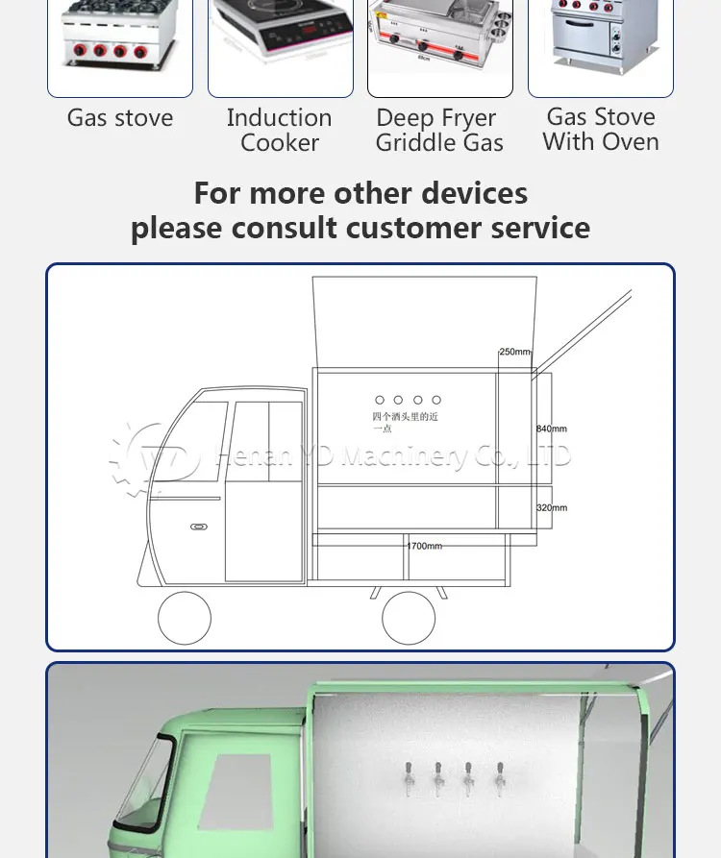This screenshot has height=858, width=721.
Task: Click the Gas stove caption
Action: (x=120, y=118)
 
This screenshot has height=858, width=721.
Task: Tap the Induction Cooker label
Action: (x=279, y=131)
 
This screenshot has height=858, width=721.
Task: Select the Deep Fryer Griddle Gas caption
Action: (x=439, y=131)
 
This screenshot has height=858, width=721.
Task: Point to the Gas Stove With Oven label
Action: (x=601, y=130)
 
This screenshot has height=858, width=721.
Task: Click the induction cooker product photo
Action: (x=280, y=43)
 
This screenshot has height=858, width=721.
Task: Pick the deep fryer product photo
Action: (x=439, y=43)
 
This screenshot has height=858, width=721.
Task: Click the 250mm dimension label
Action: (x=514, y=353)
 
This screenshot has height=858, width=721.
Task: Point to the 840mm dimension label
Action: (x=552, y=429)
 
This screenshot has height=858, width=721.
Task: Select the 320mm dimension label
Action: (x=552, y=507)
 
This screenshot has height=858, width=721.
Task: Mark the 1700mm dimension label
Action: (x=424, y=546)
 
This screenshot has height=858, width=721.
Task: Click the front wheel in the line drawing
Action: (x=185, y=618)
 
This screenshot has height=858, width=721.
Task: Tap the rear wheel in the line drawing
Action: (x=409, y=618)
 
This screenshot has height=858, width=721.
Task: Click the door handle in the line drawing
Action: (x=199, y=527)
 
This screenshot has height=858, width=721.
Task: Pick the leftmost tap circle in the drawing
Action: (x=380, y=400)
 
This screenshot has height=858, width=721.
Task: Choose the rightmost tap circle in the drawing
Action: (x=436, y=400)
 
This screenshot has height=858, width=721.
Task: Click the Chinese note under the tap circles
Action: (x=405, y=422)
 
